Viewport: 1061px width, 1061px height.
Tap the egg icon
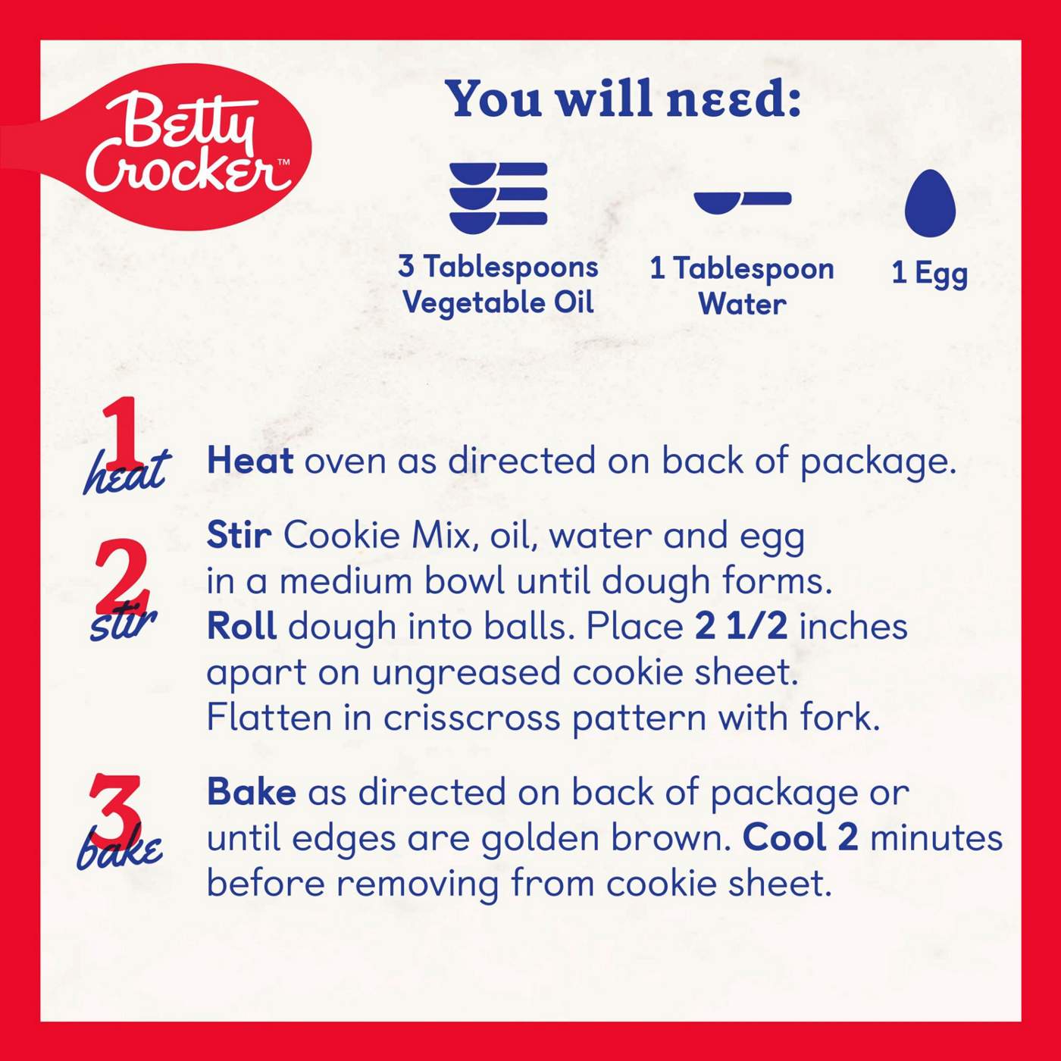[930, 203]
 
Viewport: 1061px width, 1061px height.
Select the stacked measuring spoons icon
[498, 199]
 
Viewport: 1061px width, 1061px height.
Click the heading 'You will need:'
[623, 99]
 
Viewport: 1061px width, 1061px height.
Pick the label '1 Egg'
[929, 274]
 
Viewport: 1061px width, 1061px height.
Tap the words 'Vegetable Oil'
[498, 303]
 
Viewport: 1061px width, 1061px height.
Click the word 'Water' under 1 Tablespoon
[742, 304]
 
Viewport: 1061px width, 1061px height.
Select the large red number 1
[120, 432]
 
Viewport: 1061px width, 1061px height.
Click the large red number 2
[121, 576]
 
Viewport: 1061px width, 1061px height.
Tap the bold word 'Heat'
[250, 460]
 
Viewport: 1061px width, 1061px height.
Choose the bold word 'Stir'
[239, 534]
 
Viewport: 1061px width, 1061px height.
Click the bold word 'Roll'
[242, 626]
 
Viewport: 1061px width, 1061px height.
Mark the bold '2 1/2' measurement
[740, 626]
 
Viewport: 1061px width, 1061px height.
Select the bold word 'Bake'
[252, 792]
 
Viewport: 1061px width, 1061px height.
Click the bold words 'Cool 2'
[800, 837]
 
